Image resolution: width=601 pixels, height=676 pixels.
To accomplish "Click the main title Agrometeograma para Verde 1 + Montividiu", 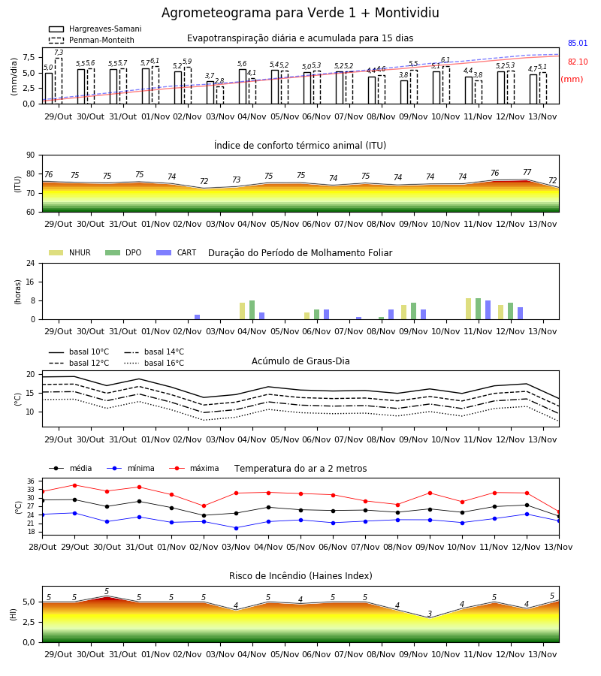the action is (x=300, y=13).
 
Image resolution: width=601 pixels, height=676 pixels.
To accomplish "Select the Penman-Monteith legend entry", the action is (x=92, y=40).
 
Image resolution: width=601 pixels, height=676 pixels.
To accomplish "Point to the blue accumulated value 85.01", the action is (x=578, y=43).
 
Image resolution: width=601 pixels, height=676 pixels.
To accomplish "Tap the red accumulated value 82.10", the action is (x=578, y=62).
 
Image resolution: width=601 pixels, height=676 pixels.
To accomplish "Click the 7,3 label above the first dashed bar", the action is (x=59, y=53).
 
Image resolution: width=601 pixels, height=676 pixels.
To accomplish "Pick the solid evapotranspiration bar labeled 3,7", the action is (x=210, y=92).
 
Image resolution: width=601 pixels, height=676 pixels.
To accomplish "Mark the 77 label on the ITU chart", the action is (x=527, y=172).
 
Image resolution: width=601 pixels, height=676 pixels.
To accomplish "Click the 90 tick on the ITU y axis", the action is (x=31, y=155).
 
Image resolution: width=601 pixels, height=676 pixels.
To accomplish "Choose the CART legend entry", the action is (x=177, y=252).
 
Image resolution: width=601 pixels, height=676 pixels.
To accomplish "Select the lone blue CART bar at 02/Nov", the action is (x=197, y=317).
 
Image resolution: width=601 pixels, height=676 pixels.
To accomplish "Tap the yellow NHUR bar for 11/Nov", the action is (x=468, y=309).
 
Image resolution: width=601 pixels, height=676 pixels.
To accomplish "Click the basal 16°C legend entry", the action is (x=154, y=363).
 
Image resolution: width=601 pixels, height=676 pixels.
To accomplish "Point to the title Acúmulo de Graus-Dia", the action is (x=300, y=361).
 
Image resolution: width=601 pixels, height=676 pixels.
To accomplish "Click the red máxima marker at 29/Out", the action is (x=74, y=485).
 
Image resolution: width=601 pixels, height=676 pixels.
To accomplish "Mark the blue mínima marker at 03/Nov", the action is (x=236, y=528).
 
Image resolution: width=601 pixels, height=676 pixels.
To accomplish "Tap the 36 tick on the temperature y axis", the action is (x=31, y=481).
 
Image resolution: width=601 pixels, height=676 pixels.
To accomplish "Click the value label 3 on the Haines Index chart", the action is (x=430, y=614).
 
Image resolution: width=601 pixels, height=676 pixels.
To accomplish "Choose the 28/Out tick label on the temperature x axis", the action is (x=43, y=547).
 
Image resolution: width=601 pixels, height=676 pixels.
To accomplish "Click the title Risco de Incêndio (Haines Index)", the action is (x=300, y=576).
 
